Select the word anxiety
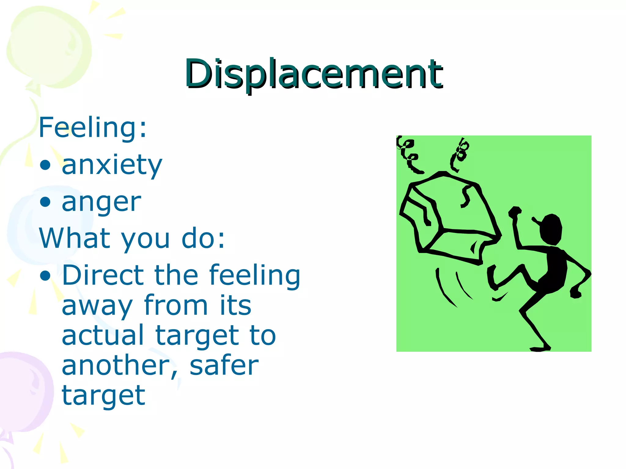[x=112, y=165]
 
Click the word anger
[x=101, y=202]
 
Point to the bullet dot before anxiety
[x=45, y=165]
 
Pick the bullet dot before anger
[x=45, y=202]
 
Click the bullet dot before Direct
[x=45, y=275]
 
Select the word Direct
[x=103, y=275]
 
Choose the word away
[x=97, y=306]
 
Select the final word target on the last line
[x=103, y=396]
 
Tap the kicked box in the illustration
[x=449, y=217]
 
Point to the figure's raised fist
[x=515, y=212]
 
